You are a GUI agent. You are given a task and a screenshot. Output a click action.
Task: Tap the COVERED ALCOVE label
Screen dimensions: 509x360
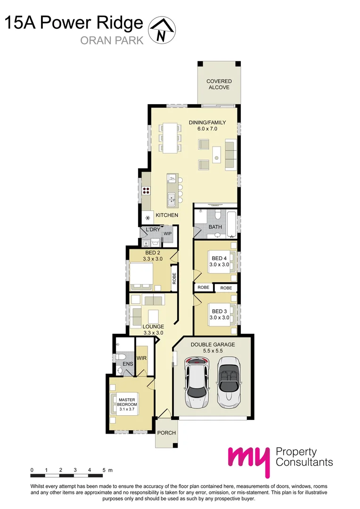(x=219, y=84)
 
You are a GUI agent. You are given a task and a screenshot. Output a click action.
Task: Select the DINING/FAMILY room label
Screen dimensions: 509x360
(x=207, y=123)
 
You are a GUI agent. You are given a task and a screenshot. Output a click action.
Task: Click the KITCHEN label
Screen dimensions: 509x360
(x=167, y=215)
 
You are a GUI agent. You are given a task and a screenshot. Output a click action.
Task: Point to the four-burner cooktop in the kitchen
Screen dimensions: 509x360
(x=147, y=191)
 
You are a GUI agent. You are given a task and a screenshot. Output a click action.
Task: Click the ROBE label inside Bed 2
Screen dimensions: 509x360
(x=174, y=279)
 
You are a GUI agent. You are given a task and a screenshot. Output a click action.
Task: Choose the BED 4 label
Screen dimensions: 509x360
(x=219, y=258)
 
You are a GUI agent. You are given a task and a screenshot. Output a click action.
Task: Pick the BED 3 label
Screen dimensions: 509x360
(x=219, y=311)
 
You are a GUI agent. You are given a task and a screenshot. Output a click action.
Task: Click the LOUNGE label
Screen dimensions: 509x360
(x=153, y=326)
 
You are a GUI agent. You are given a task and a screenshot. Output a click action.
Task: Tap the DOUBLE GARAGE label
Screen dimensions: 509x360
(x=213, y=345)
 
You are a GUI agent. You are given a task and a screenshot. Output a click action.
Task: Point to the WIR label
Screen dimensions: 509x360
(x=141, y=358)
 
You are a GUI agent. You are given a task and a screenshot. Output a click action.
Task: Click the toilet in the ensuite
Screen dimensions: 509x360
(x=120, y=356)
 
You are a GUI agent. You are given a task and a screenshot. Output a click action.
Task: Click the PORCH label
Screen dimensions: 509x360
(x=166, y=433)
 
